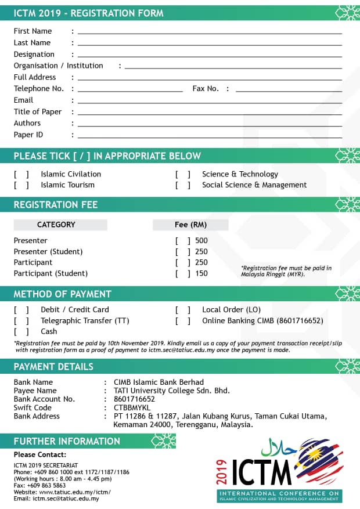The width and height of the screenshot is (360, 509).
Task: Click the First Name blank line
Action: click(210, 33)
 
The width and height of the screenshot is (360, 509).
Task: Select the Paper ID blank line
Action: click(210, 137)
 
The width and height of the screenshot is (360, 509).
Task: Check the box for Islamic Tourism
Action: click(21, 185)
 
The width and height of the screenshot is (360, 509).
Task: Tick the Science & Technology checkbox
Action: click(183, 174)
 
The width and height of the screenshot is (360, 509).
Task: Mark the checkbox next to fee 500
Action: click(183, 241)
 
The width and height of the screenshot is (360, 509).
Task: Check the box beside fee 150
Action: click(183, 273)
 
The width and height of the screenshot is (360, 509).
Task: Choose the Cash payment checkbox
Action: click(21, 331)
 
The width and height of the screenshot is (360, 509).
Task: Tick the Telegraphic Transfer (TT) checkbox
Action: click(21, 321)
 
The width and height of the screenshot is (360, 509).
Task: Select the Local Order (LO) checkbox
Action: click(183, 310)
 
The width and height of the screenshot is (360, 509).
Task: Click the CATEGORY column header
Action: click(56, 225)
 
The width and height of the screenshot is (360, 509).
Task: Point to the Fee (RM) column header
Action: click(190, 225)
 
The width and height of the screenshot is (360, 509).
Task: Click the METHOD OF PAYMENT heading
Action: click(63, 294)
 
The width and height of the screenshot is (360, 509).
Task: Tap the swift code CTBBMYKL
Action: click(133, 407)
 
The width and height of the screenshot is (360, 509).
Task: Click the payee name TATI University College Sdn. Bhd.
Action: click(172, 391)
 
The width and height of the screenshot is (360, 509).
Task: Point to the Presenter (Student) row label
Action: click(48, 252)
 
